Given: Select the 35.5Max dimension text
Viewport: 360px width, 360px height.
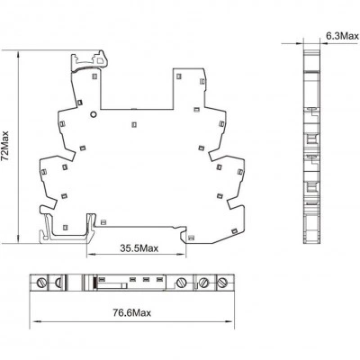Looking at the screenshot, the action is [x=139, y=248].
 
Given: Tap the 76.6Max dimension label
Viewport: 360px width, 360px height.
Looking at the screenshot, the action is [x=132, y=313].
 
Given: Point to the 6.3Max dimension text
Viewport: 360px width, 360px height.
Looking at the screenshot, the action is [x=342, y=37].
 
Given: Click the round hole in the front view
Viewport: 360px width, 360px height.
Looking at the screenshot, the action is [x=94, y=114].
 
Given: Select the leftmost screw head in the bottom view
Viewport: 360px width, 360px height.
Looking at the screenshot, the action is [x=41, y=283].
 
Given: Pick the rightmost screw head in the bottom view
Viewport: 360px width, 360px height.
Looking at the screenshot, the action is [x=222, y=283].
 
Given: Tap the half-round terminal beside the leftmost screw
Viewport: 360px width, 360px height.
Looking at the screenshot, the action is [x=58, y=283].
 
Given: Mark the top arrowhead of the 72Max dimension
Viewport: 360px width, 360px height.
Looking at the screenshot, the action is [x=19, y=54].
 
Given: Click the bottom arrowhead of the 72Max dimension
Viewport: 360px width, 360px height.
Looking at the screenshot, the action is [x=19, y=240].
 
